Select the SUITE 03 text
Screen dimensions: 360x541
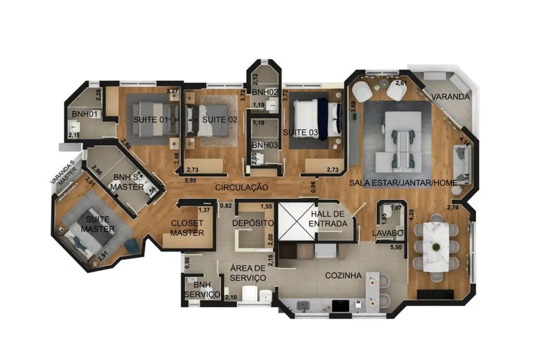coord(300,132)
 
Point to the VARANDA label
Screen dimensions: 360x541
coord(451,96)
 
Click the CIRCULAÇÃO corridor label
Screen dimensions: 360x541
coord(242,188)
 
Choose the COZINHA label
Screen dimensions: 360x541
coord(343,275)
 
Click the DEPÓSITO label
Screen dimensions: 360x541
coord(253,223)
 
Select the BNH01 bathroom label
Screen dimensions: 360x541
coord(84,115)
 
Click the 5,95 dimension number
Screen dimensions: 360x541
coord(191,181)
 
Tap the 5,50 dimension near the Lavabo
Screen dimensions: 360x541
coord(397,247)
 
